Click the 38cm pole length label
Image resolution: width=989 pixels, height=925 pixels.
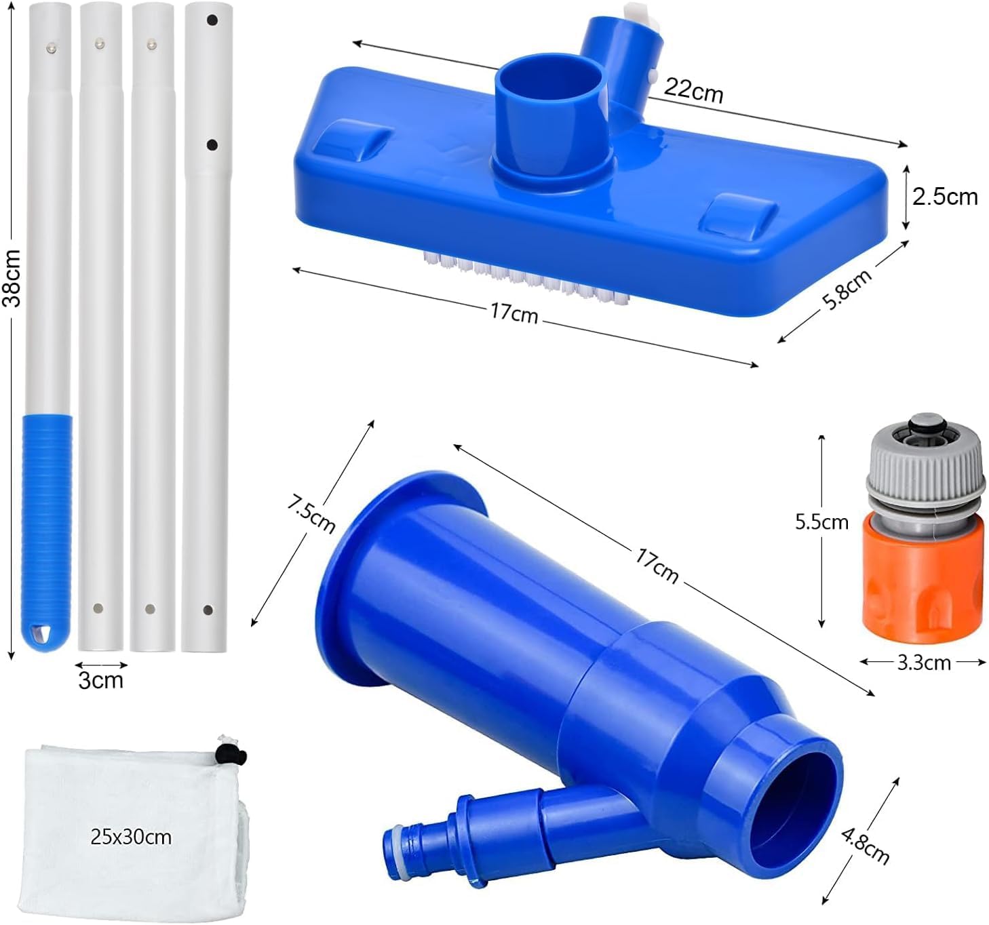coord(12,278)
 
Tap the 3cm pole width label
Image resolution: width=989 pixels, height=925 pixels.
coord(100,680)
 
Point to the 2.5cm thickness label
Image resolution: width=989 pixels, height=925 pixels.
coord(945,197)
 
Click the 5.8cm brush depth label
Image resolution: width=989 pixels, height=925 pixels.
coord(847,290)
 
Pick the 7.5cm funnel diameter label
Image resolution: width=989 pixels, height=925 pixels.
coord(311,514)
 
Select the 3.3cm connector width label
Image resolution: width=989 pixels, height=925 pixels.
coord(924,663)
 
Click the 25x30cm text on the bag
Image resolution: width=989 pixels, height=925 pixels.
coord(131,837)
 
